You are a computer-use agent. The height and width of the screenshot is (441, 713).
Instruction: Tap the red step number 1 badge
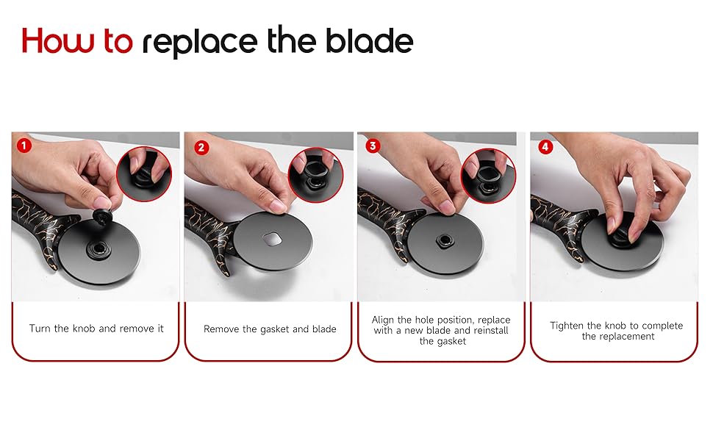(x=24, y=146)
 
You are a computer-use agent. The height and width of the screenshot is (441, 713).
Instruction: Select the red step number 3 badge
(x=373, y=146)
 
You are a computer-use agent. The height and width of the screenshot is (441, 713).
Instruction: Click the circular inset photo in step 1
(x=144, y=174)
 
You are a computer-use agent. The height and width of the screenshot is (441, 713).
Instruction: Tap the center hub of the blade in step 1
(x=98, y=246)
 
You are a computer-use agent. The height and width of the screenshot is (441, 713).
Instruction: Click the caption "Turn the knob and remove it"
(x=96, y=329)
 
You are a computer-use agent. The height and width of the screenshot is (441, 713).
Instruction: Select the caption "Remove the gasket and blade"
(x=270, y=329)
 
